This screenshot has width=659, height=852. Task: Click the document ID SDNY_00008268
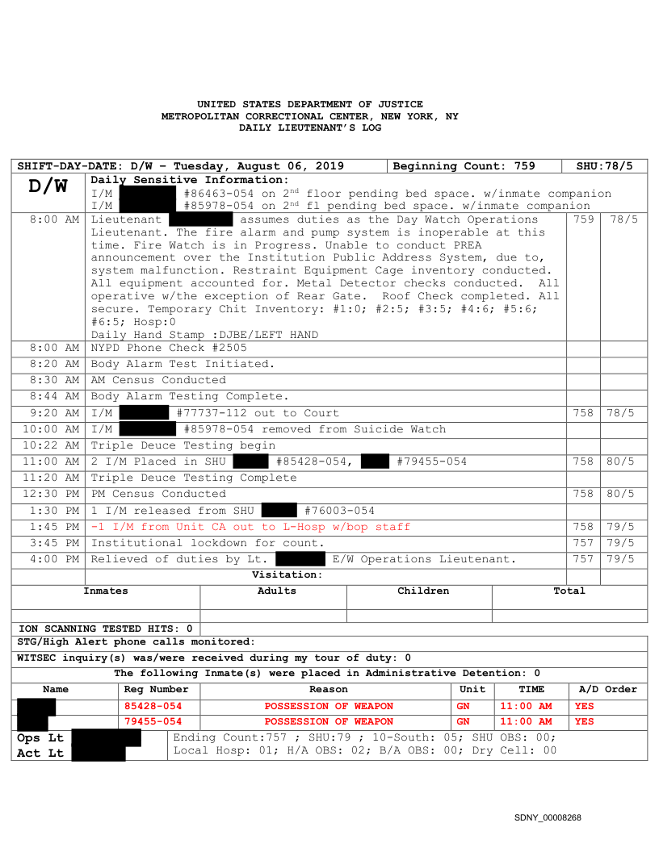point(548,818)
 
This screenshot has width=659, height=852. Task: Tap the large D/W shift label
point(48,186)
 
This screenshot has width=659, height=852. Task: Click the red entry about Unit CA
point(250,527)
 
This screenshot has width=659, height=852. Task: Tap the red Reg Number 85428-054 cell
point(153,706)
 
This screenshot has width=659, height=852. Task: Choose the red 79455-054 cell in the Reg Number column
point(153,721)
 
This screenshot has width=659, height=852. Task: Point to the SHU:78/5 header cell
point(604,166)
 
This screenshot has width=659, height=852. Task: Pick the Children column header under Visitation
point(423,591)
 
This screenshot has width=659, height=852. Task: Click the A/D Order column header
point(608,689)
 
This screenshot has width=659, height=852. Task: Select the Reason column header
point(329,689)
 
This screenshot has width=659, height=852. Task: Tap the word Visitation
point(287,574)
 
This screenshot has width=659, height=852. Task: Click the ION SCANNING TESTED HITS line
point(106,628)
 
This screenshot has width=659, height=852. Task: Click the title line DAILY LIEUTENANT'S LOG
point(309,127)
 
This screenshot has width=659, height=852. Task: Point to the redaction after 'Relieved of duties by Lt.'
point(300,559)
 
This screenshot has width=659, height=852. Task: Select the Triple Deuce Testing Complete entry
point(193,478)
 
